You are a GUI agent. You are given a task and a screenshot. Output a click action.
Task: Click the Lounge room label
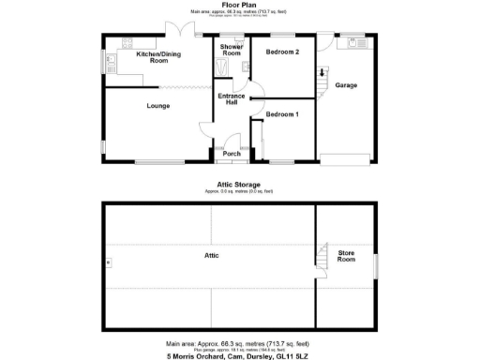click(x=157, y=106)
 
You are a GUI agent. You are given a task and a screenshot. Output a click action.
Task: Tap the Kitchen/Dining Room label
click(x=158, y=57)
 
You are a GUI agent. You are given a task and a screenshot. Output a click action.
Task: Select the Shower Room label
click(x=232, y=50)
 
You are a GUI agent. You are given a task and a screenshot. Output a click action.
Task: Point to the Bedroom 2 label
click(x=281, y=52)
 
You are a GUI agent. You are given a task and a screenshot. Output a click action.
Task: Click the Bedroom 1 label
click(x=281, y=114)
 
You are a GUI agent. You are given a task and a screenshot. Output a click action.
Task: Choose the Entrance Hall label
click(x=231, y=99)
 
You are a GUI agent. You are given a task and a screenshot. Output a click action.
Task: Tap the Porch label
click(x=231, y=154)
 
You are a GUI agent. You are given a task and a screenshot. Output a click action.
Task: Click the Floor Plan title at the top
click(x=240, y=5)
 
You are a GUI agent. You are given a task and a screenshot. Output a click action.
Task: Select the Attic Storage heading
click(x=240, y=185)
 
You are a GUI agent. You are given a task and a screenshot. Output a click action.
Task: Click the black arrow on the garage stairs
click(x=323, y=72)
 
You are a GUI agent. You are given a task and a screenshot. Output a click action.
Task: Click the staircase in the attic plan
click(x=322, y=256)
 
